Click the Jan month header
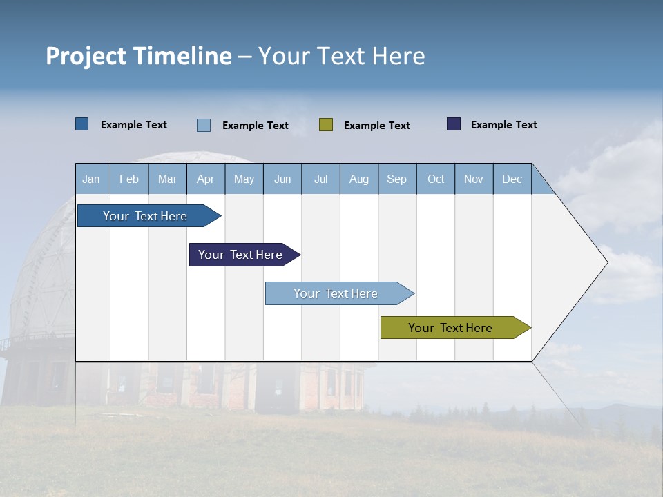91,179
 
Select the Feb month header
129,179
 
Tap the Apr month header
205,179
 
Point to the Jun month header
282,179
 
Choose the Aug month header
358,179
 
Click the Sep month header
396,179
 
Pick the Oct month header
436,179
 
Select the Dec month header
512,179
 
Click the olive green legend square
326,124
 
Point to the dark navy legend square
454,124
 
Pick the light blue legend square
204,125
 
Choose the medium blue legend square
82,124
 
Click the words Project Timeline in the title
139,56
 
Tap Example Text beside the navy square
503,125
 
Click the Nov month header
474,179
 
